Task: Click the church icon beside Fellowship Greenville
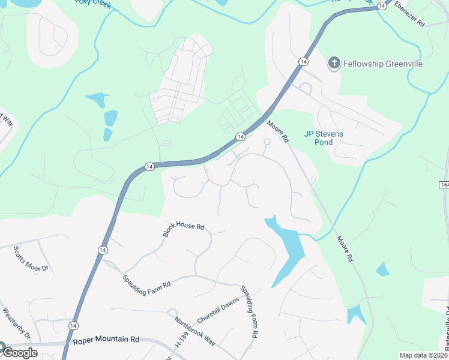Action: point(334,63)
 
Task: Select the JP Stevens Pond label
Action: point(324,138)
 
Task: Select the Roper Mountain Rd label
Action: point(106,340)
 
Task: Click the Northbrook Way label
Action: point(195,331)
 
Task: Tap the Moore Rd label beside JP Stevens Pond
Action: point(279,131)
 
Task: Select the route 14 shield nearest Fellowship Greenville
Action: point(303,62)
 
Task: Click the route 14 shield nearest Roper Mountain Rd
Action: point(73,325)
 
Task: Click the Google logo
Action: point(19,352)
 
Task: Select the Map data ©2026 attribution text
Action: point(423,355)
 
